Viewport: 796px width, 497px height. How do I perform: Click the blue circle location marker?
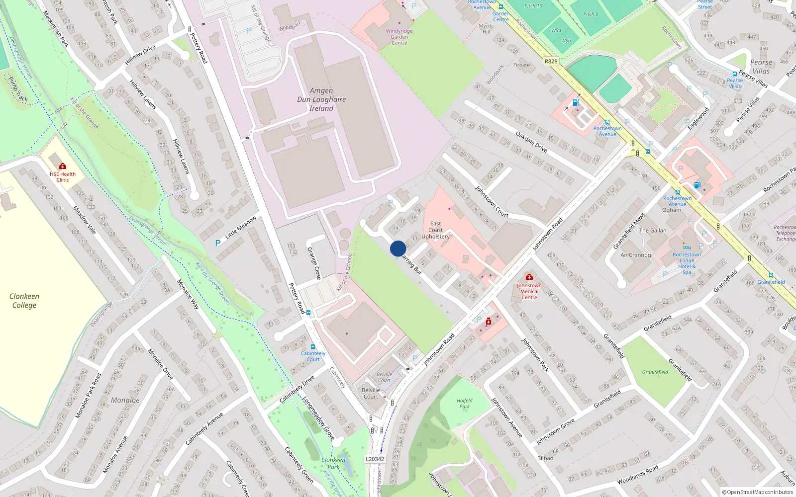tap(398, 248)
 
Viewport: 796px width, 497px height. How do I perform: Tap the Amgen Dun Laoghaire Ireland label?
tap(321, 99)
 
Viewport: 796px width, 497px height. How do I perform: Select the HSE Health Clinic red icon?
tap(63, 166)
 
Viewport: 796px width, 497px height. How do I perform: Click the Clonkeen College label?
tap(24, 301)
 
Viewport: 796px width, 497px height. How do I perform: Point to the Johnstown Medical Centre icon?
tap(529, 277)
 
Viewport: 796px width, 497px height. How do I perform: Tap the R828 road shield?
tap(551, 61)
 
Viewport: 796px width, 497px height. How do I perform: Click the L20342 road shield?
tap(375, 459)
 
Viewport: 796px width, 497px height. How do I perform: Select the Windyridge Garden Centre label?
tap(399, 37)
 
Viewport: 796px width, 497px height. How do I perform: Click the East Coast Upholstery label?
tap(435, 230)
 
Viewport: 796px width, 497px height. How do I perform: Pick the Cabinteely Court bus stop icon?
tap(312, 347)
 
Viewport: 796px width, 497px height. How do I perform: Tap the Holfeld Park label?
tap(464, 403)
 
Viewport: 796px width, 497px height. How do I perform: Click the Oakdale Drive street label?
tap(531, 142)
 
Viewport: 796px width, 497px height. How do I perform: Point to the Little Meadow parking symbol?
tap(217, 243)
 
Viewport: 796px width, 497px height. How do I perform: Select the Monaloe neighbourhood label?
tap(125, 400)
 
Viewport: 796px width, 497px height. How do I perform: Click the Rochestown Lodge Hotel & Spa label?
tap(687, 263)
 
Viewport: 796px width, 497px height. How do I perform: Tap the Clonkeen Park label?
tap(333, 463)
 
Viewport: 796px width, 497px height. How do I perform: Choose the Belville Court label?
tap(371, 393)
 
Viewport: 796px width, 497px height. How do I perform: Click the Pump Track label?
tap(18, 89)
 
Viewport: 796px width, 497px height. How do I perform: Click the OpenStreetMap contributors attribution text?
tap(758, 492)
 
